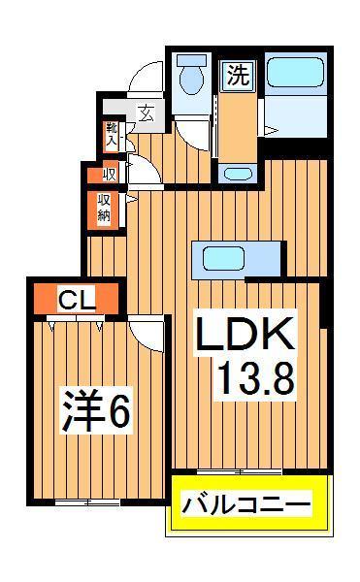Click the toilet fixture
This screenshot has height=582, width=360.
click(x=191, y=76)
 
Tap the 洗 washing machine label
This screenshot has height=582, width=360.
click(x=236, y=72)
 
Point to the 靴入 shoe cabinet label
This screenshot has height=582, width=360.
click(x=113, y=135)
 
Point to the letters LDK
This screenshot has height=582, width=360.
click(x=245, y=336)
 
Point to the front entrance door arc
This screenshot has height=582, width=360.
click(x=147, y=77)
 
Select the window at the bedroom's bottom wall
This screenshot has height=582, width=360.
click(x=87, y=501)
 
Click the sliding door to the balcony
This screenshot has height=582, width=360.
click(x=240, y=472)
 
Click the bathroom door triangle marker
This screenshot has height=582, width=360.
click(x=273, y=129)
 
